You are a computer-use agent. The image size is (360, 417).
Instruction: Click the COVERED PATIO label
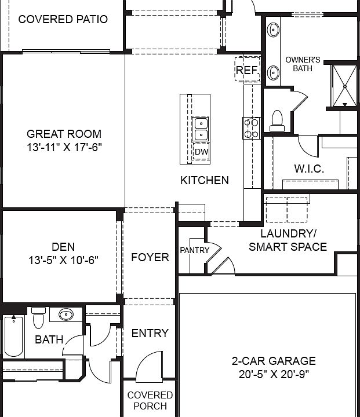(63, 19)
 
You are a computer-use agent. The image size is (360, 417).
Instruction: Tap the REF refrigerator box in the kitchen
(246, 71)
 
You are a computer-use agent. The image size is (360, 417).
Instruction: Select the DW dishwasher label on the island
(201, 152)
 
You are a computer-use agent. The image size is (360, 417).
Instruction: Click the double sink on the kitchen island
(201, 129)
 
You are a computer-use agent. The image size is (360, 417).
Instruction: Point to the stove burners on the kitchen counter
(251, 127)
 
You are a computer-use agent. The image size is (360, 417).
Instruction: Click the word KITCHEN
(205, 180)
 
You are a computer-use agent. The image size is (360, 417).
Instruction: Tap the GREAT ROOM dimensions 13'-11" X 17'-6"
(64, 147)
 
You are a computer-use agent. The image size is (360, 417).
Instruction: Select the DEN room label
(63, 247)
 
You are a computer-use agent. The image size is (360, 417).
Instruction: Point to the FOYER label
(150, 257)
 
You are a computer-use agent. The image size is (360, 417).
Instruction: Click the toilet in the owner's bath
(277, 118)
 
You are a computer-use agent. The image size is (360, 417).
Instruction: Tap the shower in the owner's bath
(345, 86)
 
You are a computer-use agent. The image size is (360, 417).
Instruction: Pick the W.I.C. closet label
(309, 169)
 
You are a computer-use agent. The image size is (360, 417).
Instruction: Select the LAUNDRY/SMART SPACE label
(288, 240)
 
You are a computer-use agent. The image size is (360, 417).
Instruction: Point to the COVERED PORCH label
(150, 400)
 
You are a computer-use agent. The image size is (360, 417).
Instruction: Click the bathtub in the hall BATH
(12, 338)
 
